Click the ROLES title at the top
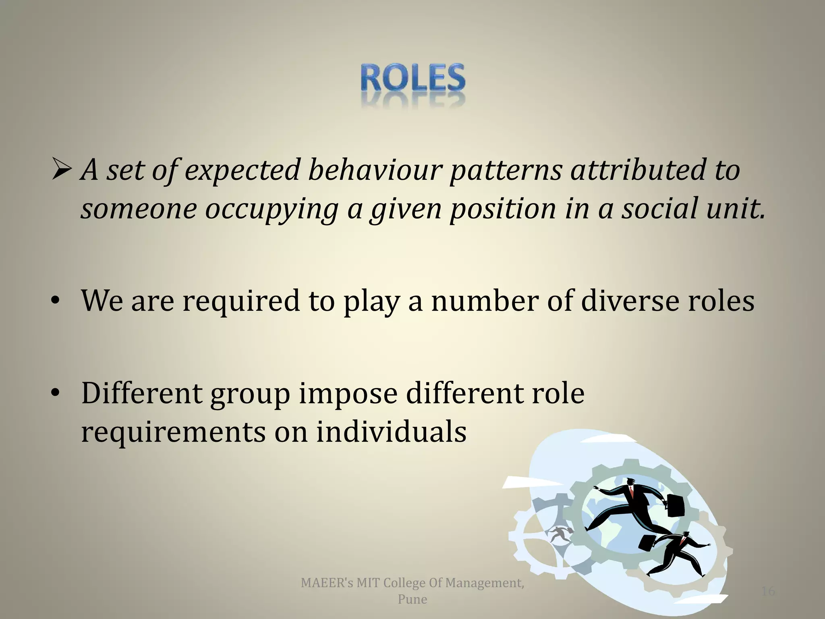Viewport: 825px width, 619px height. click(x=412, y=78)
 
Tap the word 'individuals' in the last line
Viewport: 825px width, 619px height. click(x=391, y=432)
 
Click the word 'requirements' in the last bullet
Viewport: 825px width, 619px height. click(x=173, y=433)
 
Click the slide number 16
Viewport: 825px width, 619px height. click(x=768, y=591)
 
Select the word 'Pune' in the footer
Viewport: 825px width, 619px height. click(x=412, y=599)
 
